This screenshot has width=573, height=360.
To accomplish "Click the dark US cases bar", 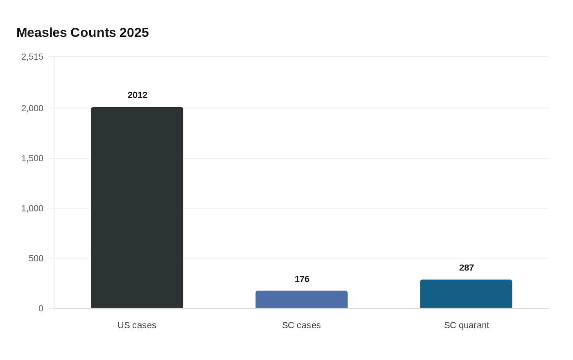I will coord(137,208).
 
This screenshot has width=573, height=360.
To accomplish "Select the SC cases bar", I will coord(301,299).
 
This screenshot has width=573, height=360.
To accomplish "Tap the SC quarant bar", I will coord(466,294).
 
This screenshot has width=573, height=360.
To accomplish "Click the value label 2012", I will coord(138,95).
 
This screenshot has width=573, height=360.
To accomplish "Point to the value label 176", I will coord(302,279).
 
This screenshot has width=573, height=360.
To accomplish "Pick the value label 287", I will coord(467,268).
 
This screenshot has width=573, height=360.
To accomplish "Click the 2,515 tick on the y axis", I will coord(32,57).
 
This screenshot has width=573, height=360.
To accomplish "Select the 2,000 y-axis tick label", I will coord(32,108).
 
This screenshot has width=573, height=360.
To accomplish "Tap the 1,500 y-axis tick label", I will coord(32,158).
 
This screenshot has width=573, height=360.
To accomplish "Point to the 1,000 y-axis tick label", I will coord(32,208).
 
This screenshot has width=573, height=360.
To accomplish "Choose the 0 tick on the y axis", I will coord(41,308).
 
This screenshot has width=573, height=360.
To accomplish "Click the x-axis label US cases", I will coord(137,325).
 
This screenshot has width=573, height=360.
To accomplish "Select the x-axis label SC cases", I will coord(301,325).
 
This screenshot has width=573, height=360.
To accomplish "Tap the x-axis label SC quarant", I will coord(466,325).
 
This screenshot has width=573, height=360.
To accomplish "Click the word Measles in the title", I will coord(42,32).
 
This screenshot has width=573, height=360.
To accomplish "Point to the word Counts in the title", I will coord(93,32).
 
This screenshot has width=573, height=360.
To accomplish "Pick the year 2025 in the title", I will coord(134,32).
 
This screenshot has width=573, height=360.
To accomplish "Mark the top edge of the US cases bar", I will coord(137,107).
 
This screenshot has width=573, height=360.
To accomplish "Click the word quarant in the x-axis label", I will coord(474,326).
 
